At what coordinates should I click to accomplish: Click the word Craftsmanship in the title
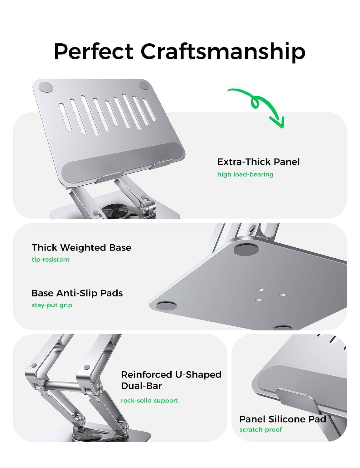[223, 51]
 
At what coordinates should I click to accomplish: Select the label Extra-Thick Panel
[258, 162]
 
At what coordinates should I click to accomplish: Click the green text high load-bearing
[245, 174]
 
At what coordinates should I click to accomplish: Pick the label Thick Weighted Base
[81, 248]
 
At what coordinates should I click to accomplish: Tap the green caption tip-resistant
[51, 260]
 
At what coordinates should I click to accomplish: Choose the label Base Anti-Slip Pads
[77, 293]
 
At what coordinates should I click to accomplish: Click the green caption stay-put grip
[52, 305]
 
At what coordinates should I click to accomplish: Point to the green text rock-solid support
[149, 401]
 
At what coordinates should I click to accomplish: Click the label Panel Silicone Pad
[282, 419]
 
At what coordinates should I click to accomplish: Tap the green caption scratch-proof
[260, 430]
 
